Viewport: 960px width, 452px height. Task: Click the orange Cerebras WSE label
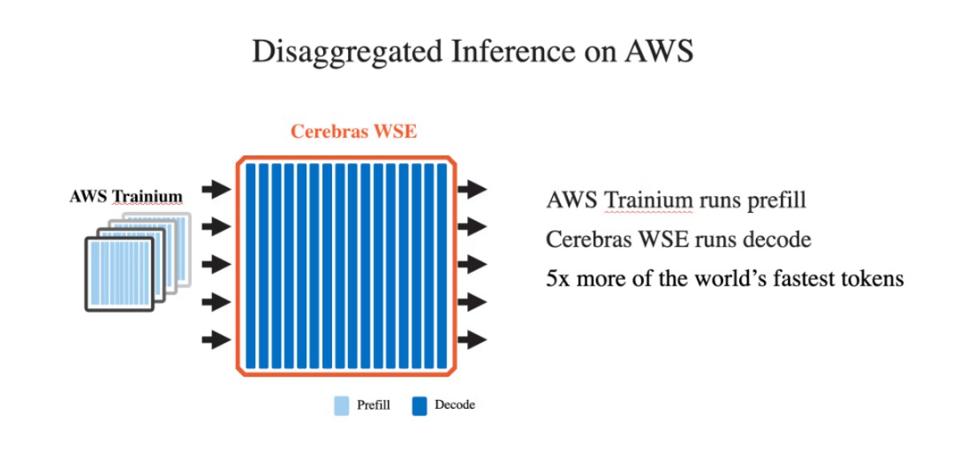(353, 131)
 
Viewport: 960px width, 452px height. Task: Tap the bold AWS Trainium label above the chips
(126, 196)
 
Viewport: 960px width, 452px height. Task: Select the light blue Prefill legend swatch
(342, 406)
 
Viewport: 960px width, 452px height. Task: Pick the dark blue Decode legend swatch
(419, 406)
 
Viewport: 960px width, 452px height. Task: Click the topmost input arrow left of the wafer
(215, 190)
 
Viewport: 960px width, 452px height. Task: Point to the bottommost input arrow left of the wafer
(215, 339)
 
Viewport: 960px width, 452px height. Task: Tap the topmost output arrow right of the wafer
(472, 190)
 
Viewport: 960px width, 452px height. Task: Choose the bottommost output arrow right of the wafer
(472, 339)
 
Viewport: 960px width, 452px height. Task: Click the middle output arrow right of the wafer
(472, 264)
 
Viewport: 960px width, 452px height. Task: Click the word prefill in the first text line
(775, 199)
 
